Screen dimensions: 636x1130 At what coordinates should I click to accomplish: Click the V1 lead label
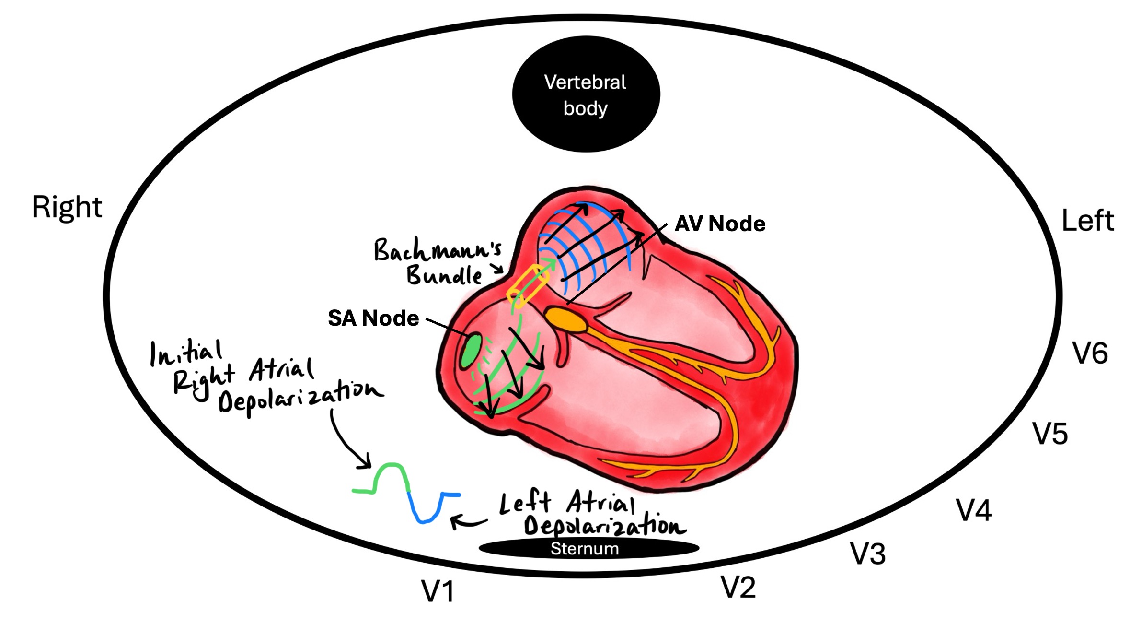[x=438, y=591]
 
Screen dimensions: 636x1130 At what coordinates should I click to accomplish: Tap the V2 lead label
[x=738, y=587]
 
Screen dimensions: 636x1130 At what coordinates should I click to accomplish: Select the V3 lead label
[x=867, y=554]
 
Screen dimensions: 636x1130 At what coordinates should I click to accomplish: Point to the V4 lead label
[x=973, y=510]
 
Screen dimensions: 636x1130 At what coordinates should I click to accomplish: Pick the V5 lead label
[x=1049, y=434]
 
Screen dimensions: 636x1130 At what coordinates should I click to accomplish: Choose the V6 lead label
[x=1090, y=353]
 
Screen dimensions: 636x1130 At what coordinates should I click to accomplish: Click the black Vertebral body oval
[x=586, y=94]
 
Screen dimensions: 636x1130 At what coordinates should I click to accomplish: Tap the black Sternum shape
[x=588, y=548]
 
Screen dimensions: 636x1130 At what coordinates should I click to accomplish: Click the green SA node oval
[x=471, y=351]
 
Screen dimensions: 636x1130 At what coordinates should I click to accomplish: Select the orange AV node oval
[x=566, y=319]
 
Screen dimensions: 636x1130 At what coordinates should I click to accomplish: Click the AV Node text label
[x=719, y=224]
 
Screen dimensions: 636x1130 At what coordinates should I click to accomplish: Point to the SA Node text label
[x=373, y=318]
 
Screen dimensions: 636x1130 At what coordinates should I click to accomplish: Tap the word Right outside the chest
[x=67, y=207]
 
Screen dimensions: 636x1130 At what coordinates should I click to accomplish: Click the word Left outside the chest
[x=1087, y=221]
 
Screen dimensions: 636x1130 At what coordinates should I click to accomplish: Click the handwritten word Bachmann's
[x=437, y=250]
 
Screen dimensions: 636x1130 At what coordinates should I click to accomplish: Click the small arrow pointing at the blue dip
[x=467, y=521]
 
